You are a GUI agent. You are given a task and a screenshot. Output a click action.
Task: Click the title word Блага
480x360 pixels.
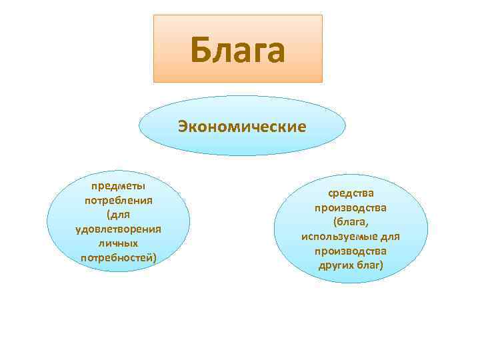point(237,51)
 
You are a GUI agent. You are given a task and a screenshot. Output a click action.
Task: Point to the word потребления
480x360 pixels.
point(119,200)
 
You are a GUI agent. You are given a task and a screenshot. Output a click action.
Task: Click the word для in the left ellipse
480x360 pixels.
point(121,215)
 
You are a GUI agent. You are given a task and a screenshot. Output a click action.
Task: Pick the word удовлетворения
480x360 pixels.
point(119,229)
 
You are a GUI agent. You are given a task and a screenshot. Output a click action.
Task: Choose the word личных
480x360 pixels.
point(119,243)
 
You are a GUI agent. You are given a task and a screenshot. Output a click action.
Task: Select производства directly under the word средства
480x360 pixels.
point(350,208)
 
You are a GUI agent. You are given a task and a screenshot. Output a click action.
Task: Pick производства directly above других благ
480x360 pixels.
point(350,251)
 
